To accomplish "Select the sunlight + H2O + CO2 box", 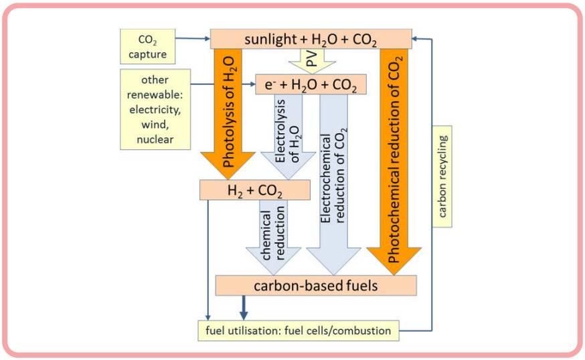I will (x=311, y=39).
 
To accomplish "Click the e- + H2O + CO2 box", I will (x=311, y=84).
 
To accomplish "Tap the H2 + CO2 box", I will (x=255, y=191).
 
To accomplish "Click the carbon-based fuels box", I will (x=316, y=286).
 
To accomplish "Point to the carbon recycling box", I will (x=442, y=177).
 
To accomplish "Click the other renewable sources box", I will (x=155, y=108).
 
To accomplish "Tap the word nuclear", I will (x=155, y=139).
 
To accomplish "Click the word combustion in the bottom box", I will (x=361, y=330).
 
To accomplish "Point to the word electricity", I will (x=155, y=110).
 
